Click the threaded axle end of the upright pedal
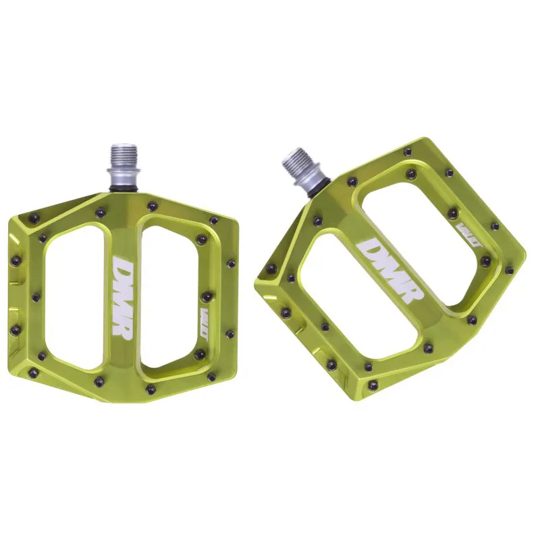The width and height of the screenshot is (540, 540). point(126,157)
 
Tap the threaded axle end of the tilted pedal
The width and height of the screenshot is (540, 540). point(295,163)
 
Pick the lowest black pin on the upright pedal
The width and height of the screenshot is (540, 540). point(149,389)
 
